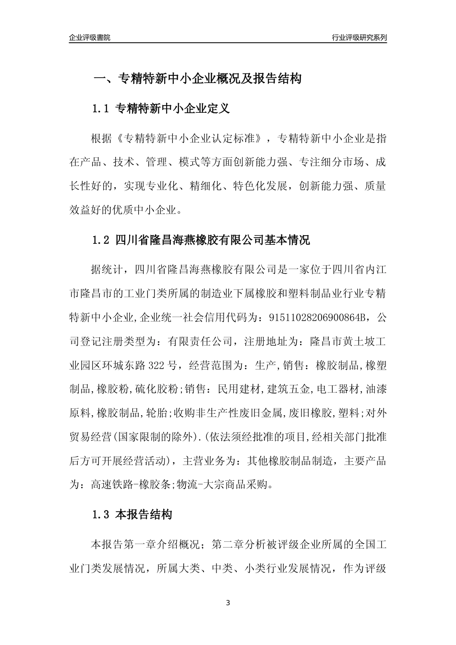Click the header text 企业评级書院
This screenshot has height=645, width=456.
[x=90, y=37]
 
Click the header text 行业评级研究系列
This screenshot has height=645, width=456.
[x=359, y=37]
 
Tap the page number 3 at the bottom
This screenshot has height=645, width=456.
[x=228, y=603]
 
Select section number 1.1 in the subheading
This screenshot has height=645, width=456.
[x=101, y=109]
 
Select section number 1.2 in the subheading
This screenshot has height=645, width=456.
[x=101, y=240]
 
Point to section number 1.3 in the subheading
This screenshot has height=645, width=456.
[x=101, y=515]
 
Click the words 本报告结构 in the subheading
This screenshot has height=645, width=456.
[x=144, y=515]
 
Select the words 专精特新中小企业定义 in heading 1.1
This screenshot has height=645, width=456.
[x=173, y=109]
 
